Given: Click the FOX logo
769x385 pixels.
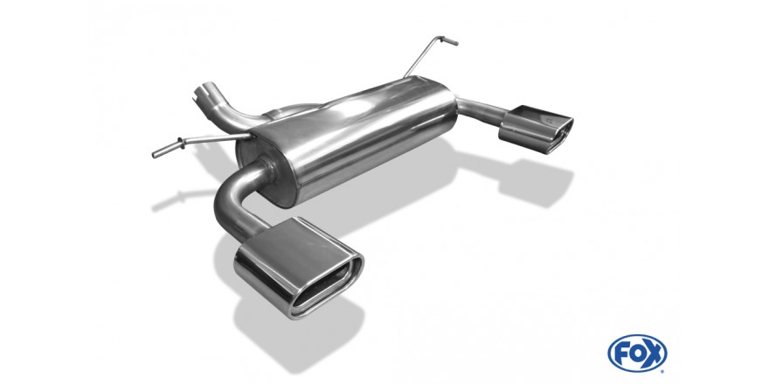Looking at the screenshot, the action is coord(637,353).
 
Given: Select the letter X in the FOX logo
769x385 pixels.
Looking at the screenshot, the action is coord(655,353).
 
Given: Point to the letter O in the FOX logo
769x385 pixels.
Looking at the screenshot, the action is coord(638,353).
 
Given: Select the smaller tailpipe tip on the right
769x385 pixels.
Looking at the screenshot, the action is coord(536,129).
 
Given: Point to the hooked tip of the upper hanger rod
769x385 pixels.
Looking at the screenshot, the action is coord(450,40).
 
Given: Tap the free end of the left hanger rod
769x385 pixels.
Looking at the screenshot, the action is coord(156,154).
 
